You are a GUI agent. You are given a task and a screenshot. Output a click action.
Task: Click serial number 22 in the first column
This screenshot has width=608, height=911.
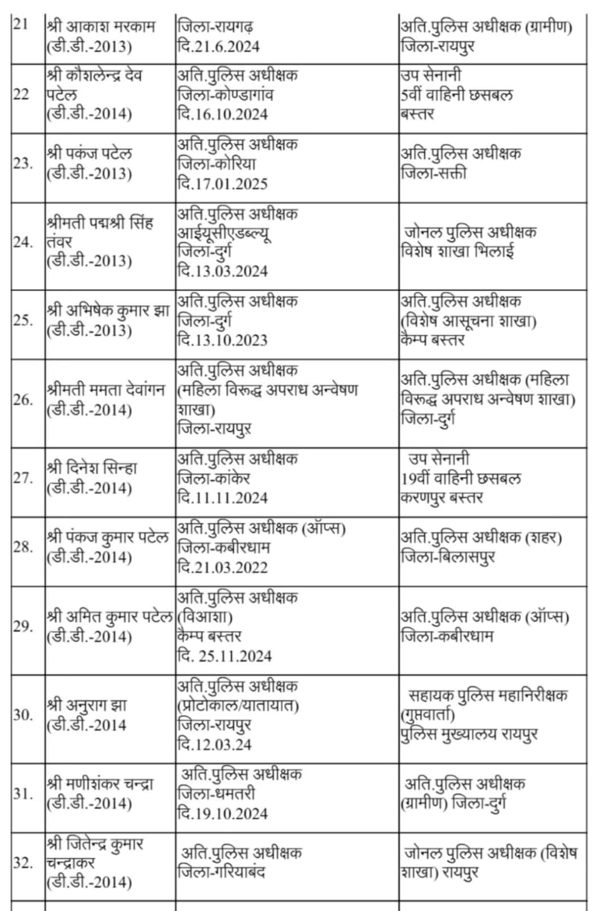click(x=21, y=95)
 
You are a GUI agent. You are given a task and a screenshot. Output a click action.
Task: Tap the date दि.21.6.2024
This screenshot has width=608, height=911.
click(x=218, y=46)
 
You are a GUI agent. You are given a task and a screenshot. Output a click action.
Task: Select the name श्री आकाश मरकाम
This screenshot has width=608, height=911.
click(x=101, y=26)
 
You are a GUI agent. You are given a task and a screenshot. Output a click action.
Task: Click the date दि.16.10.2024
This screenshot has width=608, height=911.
click(x=222, y=114)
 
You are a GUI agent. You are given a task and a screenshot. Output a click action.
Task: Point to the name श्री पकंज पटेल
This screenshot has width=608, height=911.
click(x=89, y=154)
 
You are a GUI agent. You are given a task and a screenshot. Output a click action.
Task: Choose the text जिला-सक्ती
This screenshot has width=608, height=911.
click(x=433, y=173)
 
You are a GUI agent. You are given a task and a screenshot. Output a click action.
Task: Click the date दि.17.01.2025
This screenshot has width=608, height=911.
click(x=222, y=183)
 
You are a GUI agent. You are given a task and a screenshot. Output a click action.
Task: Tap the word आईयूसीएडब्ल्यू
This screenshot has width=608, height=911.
click(x=224, y=233)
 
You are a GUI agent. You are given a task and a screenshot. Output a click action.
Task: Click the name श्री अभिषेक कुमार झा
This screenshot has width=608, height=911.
click(x=108, y=311)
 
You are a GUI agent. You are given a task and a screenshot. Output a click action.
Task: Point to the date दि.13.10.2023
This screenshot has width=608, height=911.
click(x=222, y=340)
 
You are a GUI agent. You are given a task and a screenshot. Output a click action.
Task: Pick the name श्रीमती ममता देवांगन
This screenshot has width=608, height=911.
click(x=106, y=391)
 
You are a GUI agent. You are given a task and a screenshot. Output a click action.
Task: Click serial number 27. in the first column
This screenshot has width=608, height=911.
click(x=23, y=478)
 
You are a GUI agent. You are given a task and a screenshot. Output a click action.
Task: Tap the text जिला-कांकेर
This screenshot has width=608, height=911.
click(x=214, y=478)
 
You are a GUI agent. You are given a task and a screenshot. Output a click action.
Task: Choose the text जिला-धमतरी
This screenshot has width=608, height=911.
click(x=217, y=793)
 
